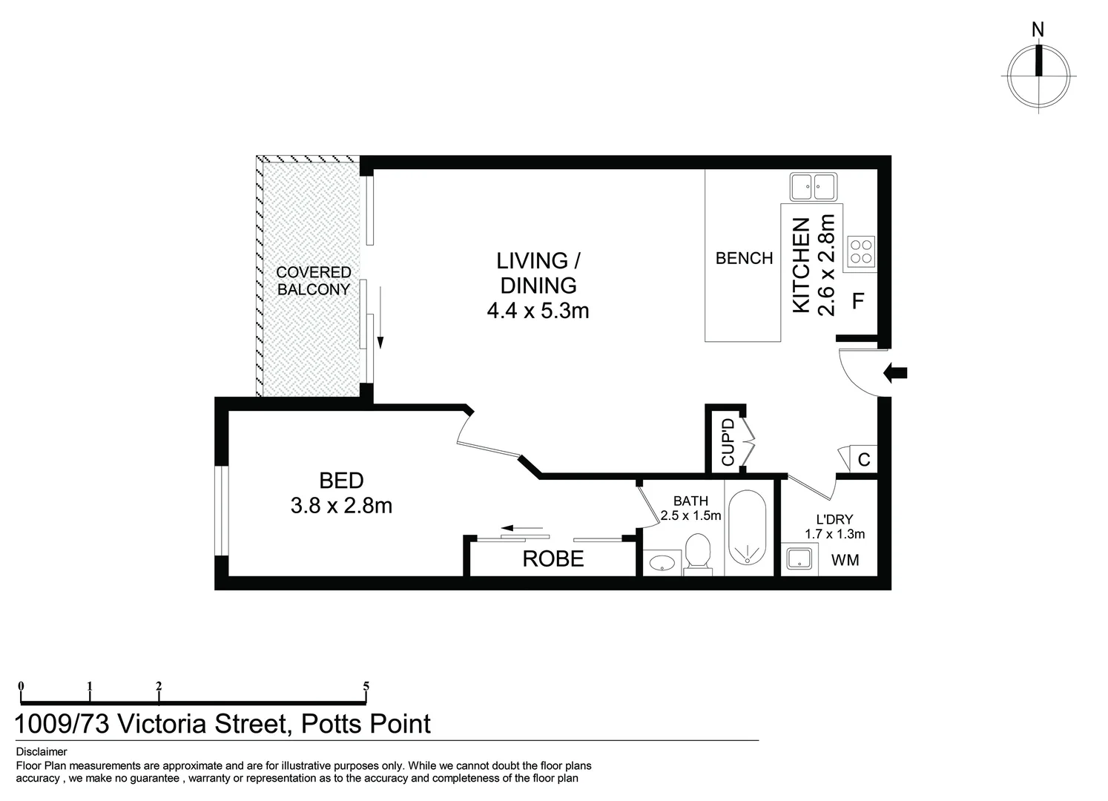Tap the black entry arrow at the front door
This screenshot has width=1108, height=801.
pos(896,374)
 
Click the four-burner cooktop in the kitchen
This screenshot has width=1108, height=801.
pos(861,251)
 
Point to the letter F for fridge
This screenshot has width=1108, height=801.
pos(858,301)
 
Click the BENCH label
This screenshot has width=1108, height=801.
pos(744,258)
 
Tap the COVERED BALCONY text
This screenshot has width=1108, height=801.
pos(313,281)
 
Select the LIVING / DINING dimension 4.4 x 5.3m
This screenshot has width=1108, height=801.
pos(538,311)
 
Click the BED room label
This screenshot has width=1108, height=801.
pos(341,481)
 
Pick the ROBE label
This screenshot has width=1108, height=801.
pos(553,558)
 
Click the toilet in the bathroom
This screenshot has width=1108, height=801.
pos(697,553)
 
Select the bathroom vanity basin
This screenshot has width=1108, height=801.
pos(660,564)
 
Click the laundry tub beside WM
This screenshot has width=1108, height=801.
pos(799,559)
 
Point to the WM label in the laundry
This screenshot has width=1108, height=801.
pos(845,560)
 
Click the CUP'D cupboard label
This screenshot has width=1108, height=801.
pos(728,443)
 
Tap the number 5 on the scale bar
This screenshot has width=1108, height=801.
pos(366,686)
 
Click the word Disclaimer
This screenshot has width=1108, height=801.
pos(41,751)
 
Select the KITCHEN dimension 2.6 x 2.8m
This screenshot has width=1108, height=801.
pos(826,265)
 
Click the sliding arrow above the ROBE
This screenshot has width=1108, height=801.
pos(523,529)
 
